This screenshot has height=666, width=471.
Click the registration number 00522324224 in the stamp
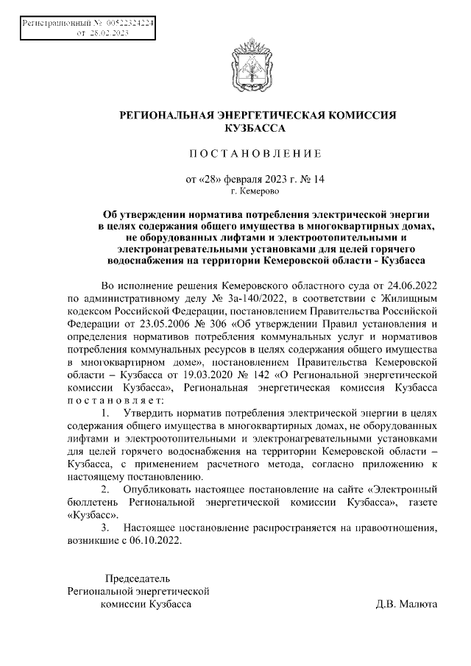pos(130,24)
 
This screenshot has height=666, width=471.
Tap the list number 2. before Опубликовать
pos(107,489)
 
